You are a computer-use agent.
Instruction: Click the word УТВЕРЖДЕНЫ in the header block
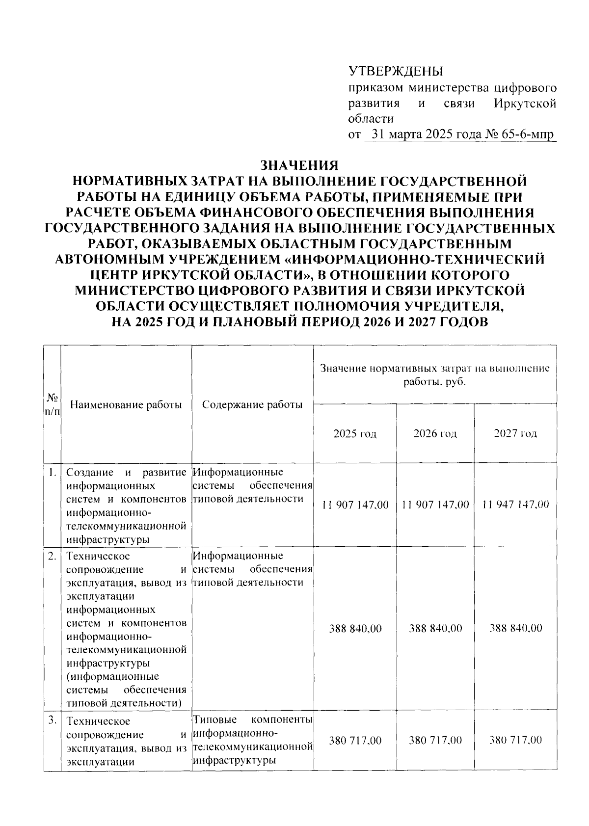click(396, 72)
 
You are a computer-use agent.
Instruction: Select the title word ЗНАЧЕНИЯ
click(299, 165)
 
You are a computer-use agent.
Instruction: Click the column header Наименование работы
click(126, 405)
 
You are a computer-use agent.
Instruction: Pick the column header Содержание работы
click(252, 405)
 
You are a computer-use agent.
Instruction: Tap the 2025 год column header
click(355, 433)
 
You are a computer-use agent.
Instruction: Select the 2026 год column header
click(435, 433)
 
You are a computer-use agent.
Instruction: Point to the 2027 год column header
click(515, 433)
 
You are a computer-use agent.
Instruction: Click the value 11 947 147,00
click(515, 505)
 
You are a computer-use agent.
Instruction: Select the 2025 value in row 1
click(355, 505)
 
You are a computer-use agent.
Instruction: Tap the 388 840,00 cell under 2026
click(435, 628)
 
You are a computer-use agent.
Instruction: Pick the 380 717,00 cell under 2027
click(515, 740)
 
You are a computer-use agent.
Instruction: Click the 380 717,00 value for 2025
click(355, 740)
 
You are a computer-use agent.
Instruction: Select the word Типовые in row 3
click(214, 720)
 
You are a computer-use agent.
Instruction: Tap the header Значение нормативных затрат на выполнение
click(435, 369)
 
